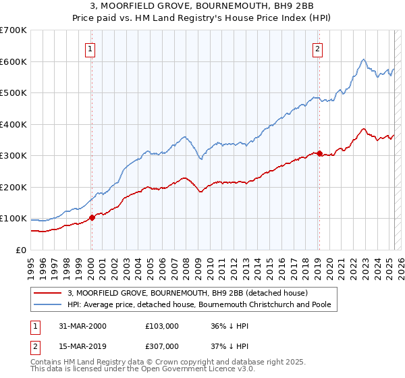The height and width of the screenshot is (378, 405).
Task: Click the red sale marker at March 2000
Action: (92, 218)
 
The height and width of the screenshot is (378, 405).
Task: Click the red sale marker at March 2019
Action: (319, 153)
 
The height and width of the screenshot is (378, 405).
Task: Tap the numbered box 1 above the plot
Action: (90, 48)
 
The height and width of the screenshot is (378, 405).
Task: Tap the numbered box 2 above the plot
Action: (317, 48)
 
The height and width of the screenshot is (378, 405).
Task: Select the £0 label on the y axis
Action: (20, 250)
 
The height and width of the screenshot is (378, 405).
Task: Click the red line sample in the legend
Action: (48, 293)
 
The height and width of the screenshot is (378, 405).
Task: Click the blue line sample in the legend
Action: (48, 304)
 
